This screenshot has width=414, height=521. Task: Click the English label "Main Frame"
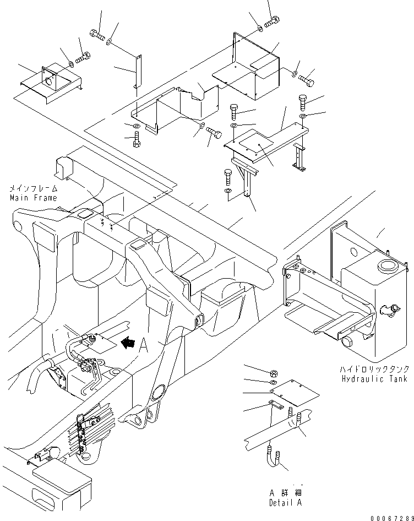[33, 198]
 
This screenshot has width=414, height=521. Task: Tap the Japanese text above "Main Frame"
[33, 188]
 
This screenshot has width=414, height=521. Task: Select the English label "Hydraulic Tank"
[374, 379]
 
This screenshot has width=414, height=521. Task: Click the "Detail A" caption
[285, 503]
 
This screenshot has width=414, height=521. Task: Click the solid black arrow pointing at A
[128, 344]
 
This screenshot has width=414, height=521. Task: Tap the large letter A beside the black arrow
[144, 345]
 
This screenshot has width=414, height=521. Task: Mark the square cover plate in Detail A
[295, 392]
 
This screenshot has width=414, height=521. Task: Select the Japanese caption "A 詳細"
[285, 492]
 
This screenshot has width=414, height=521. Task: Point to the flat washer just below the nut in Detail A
[274, 382]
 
